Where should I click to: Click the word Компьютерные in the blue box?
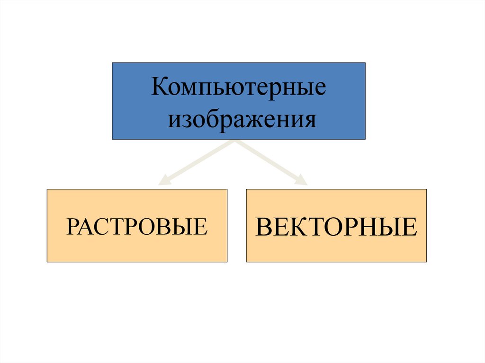(238, 89)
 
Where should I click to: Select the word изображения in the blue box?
(242, 120)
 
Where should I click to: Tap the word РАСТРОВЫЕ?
(137, 226)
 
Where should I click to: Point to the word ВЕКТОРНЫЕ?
(336, 227)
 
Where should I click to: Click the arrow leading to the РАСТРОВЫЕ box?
(199, 161)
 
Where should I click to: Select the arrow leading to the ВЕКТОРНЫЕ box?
(270, 161)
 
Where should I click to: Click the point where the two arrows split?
(234, 142)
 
